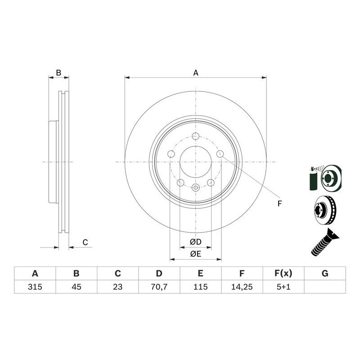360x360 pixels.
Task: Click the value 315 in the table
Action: (x=35, y=287)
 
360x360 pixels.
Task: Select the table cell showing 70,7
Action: (x=159, y=287)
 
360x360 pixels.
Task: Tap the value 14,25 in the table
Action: (x=242, y=287)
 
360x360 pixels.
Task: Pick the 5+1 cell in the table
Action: (x=283, y=287)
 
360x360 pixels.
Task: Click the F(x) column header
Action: (x=283, y=273)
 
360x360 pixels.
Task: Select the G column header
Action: (x=325, y=273)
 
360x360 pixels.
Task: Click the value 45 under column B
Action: (x=76, y=287)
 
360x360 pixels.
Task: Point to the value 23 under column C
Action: (x=117, y=287)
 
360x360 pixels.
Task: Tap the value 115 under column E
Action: (x=200, y=287)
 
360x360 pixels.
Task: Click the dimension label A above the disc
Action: (x=196, y=72)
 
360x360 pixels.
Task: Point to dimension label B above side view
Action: (x=58, y=72)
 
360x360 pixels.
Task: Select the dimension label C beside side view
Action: (x=85, y=243)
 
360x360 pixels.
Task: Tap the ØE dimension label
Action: (x=195, y=254)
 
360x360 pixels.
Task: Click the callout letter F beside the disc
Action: (x=279, y=204)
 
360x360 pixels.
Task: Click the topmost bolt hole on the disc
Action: (x=195, y=137)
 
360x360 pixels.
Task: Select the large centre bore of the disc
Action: (x=196, y=162)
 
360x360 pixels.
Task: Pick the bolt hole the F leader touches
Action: (x=220, y=154)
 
